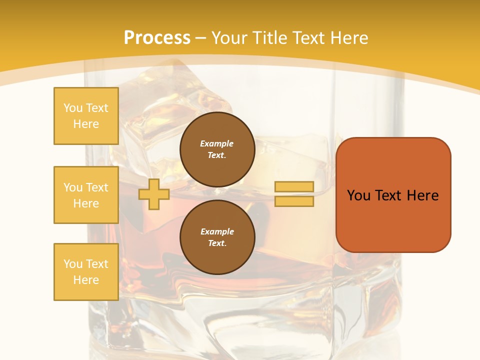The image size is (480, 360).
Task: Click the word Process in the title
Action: (157, 38)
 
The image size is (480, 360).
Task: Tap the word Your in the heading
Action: (229, 38)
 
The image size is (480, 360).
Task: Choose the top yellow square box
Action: (86, 116)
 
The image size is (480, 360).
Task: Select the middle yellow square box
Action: (86, 195)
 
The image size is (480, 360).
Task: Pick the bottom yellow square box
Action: (86, 271)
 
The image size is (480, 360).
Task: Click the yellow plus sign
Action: (153, 194)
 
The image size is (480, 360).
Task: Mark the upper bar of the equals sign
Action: (294, 186)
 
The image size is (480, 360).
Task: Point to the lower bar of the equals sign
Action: (294, 201)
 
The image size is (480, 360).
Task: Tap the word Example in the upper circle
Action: (217, 143)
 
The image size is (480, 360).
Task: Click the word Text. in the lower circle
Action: (217, 243)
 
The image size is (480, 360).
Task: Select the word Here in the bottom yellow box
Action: (86, 280)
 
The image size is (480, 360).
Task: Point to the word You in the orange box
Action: (358, 195)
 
